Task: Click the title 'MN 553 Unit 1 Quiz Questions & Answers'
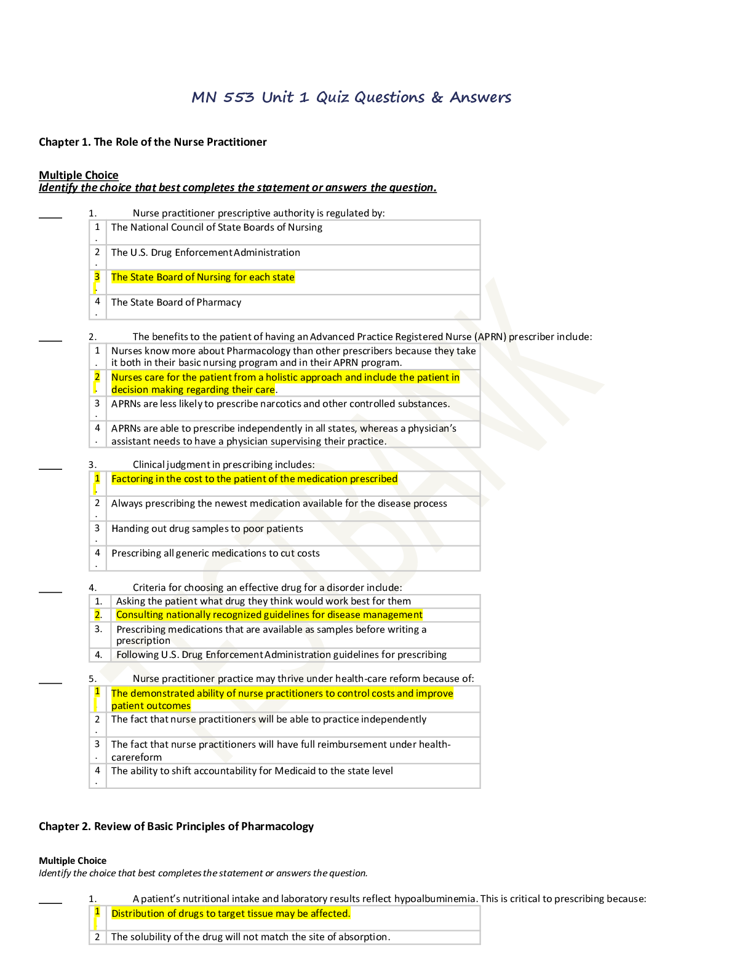[x=351, y=97]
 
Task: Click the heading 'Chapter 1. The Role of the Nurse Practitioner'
[x=153, y=142]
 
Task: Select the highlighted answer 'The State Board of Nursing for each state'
[x=203, y=277]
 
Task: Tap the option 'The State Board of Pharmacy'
[x=176, y=302]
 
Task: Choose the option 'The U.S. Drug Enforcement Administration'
[x=206, y=252]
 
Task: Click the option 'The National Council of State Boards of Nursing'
[x=217, y=228]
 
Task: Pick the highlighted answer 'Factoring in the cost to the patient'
[x=254, y=479]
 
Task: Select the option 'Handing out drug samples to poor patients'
[x=207, y=528]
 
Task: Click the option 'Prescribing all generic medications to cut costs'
[x=216, y=553]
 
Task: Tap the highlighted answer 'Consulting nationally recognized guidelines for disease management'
[x=269, y=614]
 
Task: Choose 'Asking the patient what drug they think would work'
[x=263, y=601]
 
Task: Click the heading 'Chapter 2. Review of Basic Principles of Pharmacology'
[x=176, y=826]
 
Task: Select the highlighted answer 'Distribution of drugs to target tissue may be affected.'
[x=231, y=914]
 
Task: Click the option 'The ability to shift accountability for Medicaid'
[x=252, y=770]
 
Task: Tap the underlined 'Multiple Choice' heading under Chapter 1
[x=79, y=175]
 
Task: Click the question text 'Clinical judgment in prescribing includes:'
[x=223, y=464]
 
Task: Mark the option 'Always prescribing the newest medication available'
[x=279, y=504]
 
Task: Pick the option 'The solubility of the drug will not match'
[x=251, y=936]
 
